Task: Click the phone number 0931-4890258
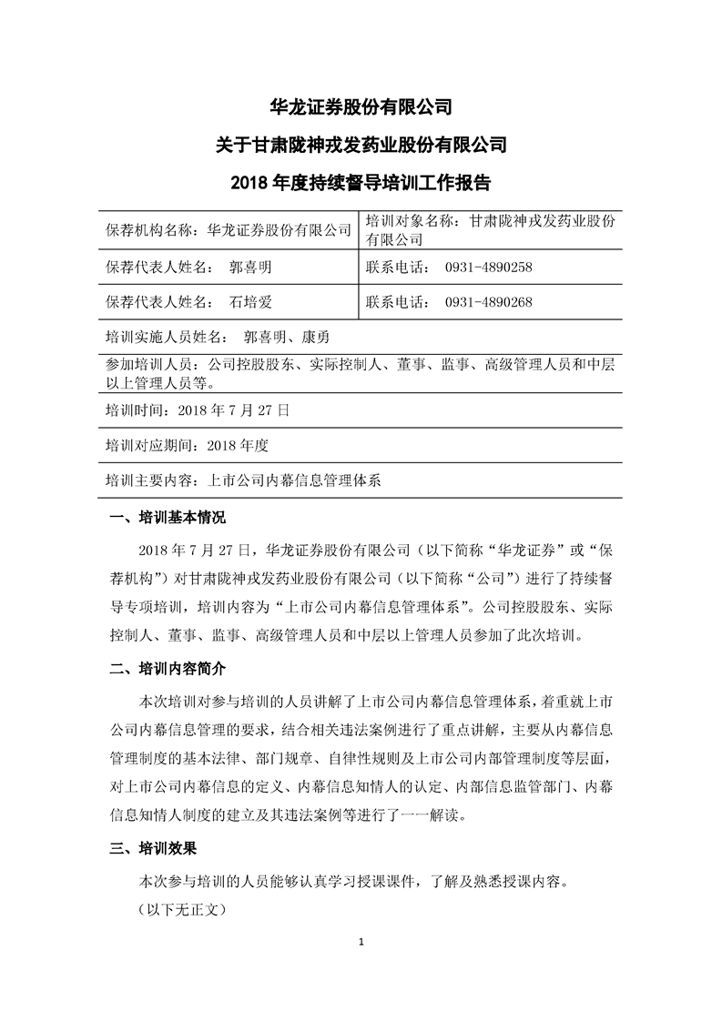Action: click(x=488, y=268)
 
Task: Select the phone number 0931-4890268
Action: click(x=488, y=302)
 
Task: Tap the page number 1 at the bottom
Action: click(x=361, y=940)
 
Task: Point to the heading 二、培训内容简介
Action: click(x=168, y=672)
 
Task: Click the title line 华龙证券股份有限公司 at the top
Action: click(x=361, y=106)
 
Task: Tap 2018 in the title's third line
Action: click(x=248, y=182)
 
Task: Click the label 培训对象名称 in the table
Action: click(x=409, y=220)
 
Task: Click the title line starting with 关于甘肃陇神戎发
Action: click(x=361, y=144)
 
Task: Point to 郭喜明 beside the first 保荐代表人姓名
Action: click(x=251, y=268)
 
